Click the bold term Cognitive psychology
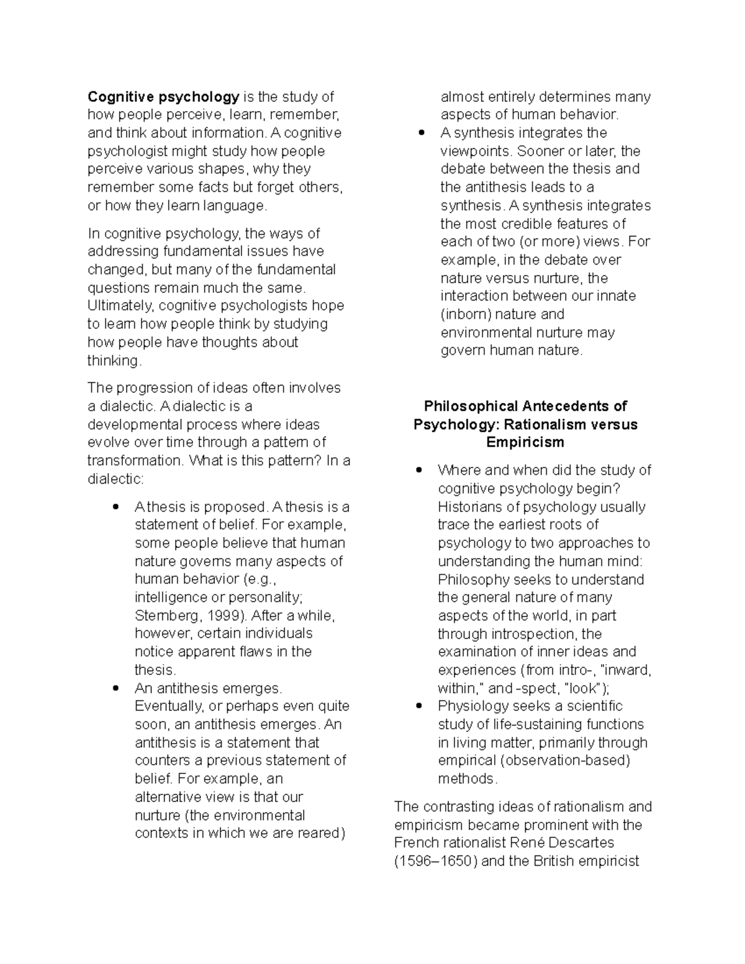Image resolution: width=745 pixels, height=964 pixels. coord(163,97)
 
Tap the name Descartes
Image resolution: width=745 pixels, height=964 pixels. coord(584,843)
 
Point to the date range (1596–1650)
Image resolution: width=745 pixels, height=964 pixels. coord(436,862)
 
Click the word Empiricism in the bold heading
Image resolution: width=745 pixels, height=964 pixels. coord(525,443)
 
